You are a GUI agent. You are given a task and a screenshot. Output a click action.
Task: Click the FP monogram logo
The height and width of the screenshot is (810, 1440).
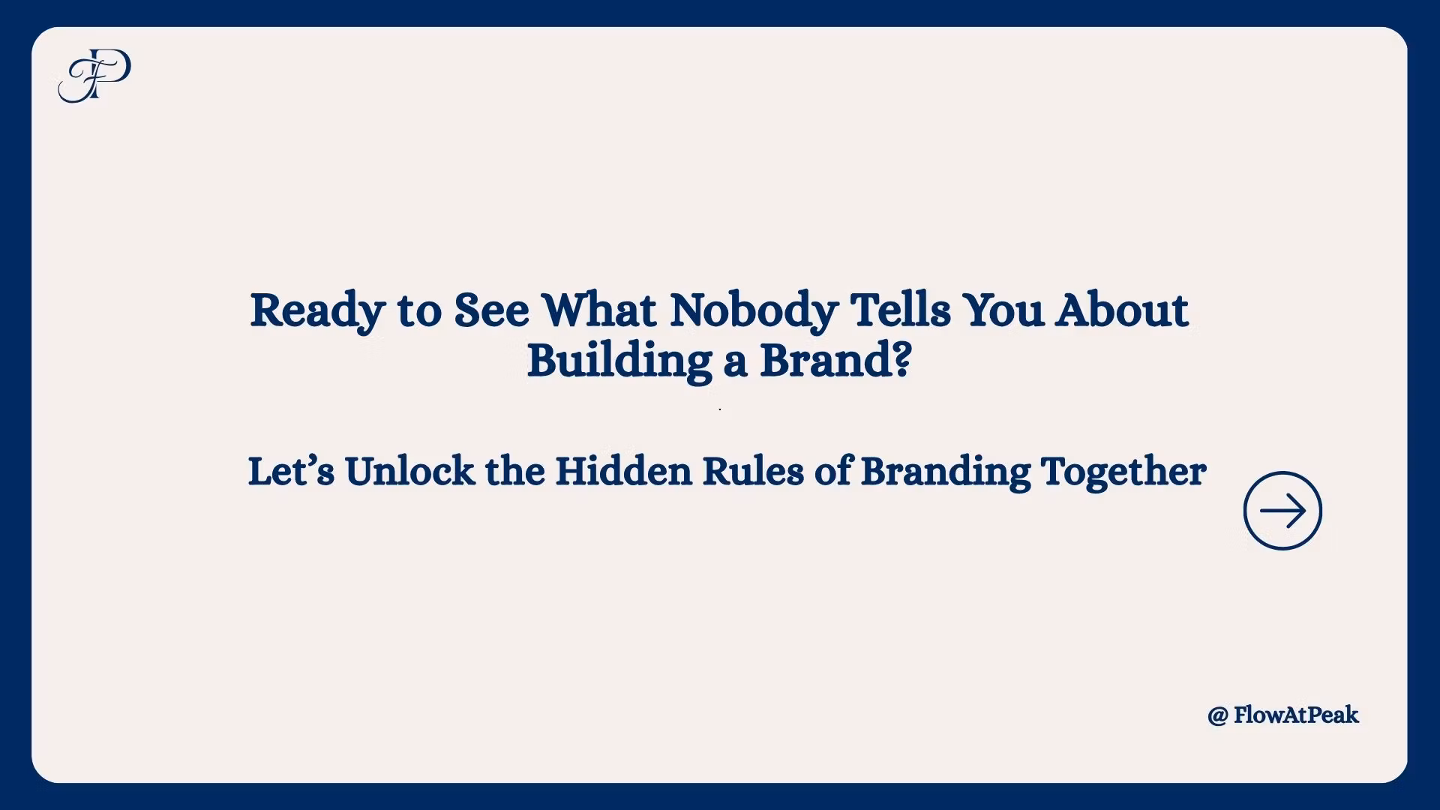[94, 75]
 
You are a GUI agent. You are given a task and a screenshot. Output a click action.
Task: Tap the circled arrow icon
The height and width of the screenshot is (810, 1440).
[1282, 511]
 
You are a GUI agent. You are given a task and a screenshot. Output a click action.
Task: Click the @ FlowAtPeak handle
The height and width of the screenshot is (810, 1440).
[1283, 715]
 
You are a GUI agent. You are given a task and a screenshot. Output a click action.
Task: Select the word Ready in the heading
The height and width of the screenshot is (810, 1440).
[317, 311]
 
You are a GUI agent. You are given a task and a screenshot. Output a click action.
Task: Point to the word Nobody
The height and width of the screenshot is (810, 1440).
[754, 311]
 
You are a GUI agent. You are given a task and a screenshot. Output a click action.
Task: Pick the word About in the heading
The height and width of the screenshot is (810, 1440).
[1122, 310]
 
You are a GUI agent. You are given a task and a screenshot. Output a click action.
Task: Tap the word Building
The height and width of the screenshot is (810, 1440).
[619, 361]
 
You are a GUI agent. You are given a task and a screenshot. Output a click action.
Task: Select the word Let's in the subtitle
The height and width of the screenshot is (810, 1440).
[291, 472]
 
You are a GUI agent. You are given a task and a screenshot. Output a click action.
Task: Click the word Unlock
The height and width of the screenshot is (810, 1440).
[409, 472]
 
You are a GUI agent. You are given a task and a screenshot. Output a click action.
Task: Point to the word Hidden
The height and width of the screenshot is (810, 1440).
[623, 472]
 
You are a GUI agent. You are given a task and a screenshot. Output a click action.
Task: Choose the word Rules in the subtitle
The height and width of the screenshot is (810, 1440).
[753, 472]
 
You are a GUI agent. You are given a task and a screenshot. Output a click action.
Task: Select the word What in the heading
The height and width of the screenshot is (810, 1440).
[599, 310]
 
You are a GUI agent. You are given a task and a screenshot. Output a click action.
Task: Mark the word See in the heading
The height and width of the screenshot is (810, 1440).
[492, 310]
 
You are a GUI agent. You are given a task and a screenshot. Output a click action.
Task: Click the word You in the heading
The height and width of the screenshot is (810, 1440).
[1003, 310]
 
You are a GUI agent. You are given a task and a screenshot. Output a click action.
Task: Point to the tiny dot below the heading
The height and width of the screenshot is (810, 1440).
[720, 409]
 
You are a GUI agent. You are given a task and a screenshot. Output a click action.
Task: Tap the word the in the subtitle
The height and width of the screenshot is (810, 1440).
[514, 472]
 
